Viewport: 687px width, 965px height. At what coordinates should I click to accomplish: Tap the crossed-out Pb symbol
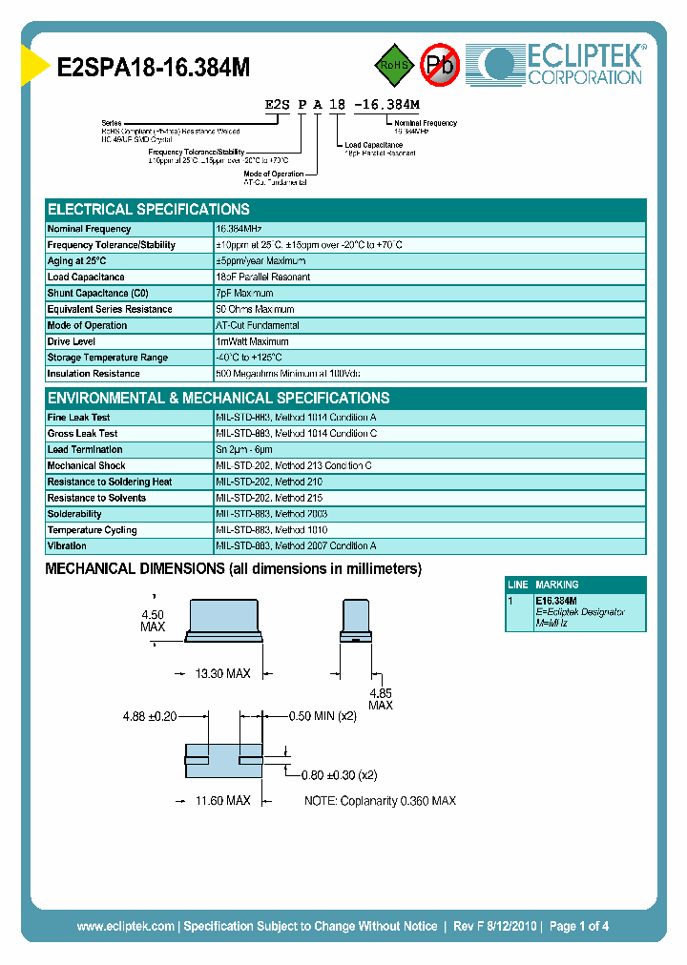point(441,65)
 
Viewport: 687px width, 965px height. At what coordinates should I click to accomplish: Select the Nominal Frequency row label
point(89,229)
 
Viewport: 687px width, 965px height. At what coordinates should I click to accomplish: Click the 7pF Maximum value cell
point(244,294)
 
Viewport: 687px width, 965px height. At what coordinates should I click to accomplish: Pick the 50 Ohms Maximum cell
point(255,310)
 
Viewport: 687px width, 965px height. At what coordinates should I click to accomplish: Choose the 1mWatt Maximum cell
point(252,341)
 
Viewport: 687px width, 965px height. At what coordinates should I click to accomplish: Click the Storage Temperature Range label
point(107,358)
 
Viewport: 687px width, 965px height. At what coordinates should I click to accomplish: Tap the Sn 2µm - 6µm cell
point(244,450)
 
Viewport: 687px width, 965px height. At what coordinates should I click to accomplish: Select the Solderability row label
point(74,514)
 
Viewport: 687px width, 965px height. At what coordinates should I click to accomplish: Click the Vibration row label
point(67,546)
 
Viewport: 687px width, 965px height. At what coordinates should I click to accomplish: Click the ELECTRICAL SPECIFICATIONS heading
point(149,209)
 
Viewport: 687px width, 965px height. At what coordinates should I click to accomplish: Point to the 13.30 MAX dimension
point(222,674)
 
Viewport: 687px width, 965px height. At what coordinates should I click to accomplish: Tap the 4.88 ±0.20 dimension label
point(150,715)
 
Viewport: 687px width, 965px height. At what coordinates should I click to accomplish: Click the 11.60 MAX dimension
point(222,801)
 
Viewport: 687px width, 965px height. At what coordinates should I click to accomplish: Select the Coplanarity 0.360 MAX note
point(380,801)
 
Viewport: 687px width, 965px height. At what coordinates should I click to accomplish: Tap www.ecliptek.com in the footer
point(125,926)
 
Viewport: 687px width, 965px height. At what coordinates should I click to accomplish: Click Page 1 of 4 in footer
point(579,926)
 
